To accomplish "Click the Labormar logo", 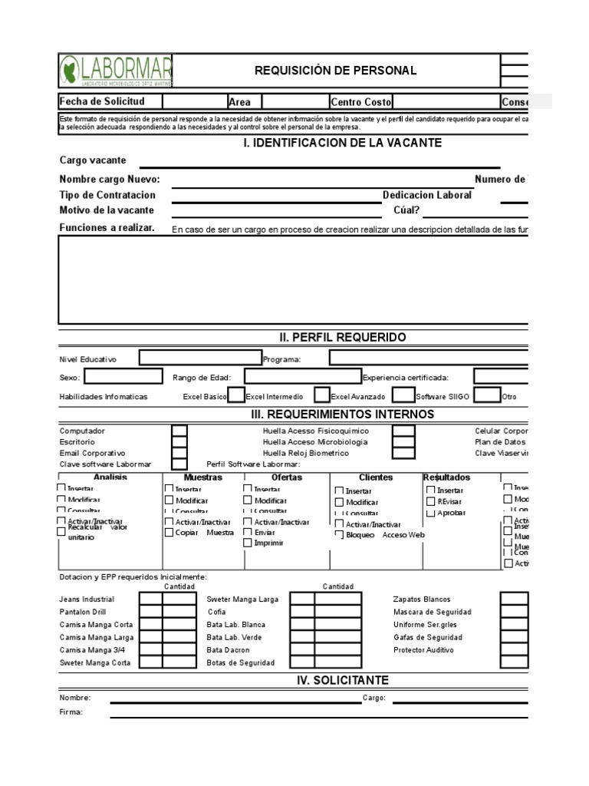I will click(x=115, y=71).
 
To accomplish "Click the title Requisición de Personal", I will click(x=336, y=71).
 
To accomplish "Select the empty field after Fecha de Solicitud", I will click(x=193, y=101).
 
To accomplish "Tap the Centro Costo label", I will click(x=361, y=102).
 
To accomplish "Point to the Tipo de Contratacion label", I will click(x=107, y=196).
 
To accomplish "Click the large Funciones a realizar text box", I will click(x=294, y=279).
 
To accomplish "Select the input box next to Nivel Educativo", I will click(x=199, y=358).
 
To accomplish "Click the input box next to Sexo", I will click(x=123, y=377).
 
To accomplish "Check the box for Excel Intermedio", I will click(x=321, y=395).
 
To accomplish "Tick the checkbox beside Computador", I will click(x=179, y=432).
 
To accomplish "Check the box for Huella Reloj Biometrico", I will click(x=403, y=454).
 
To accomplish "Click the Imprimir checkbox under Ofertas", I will click(x=247, y=543).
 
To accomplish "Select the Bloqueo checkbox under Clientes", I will click(x=339, y=535).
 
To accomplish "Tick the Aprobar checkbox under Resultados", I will click(x=431, y=513).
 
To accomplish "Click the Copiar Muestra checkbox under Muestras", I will click(x=169, y=533).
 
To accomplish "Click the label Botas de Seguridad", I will click(x=240, y=662).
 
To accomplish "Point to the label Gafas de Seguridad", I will click(x=427, y=637).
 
